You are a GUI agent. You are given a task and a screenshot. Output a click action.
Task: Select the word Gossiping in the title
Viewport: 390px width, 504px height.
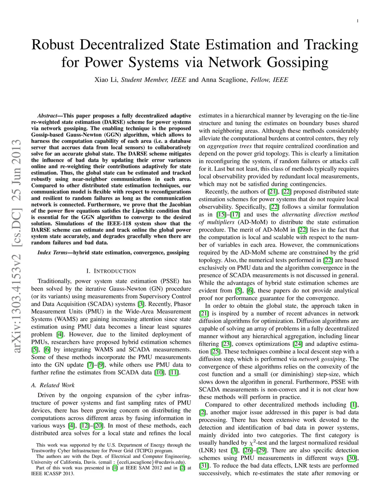point(297,62)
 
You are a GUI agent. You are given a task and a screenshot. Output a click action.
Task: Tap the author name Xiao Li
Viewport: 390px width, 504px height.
point(106,80)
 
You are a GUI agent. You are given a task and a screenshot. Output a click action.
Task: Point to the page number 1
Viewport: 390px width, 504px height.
point(358,21)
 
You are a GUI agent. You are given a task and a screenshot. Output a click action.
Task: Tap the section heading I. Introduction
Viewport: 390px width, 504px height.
point(111,271)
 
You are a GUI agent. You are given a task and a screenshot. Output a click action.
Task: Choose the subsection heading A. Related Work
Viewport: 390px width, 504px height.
point(53,385)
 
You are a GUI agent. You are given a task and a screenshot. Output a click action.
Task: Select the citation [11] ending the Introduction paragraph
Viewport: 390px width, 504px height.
point(174,372)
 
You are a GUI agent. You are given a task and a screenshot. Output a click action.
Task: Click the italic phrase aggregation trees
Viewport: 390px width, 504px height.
point(230,146)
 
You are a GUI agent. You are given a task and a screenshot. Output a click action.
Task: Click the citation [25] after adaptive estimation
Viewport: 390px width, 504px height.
point(216,351)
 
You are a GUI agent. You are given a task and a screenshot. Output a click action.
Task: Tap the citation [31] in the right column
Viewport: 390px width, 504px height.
point(203,466)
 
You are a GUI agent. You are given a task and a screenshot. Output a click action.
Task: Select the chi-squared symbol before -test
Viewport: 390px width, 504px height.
point(251,443)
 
